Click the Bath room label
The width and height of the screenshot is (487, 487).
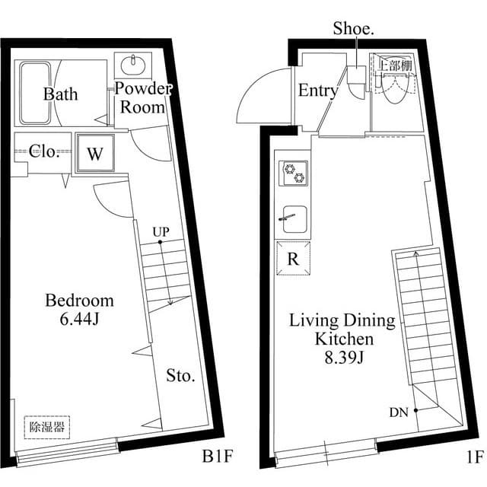tap(59, 95)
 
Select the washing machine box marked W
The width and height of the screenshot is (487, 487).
tap(94, 154)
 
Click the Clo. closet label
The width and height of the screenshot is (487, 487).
tap(44, 151)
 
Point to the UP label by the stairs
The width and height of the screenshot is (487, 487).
tap(160, 231)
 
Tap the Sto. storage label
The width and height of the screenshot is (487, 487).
tap(180, 376)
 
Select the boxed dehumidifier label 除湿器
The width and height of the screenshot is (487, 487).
tap(46, 426)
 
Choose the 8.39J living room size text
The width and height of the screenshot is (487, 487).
tap(342, 355)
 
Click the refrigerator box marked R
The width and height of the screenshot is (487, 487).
tap(291, 258)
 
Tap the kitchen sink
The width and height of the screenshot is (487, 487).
tap(293, 218)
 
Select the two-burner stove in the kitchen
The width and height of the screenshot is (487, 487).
tap(293, 173)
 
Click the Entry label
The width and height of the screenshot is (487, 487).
tap(317, 91)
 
